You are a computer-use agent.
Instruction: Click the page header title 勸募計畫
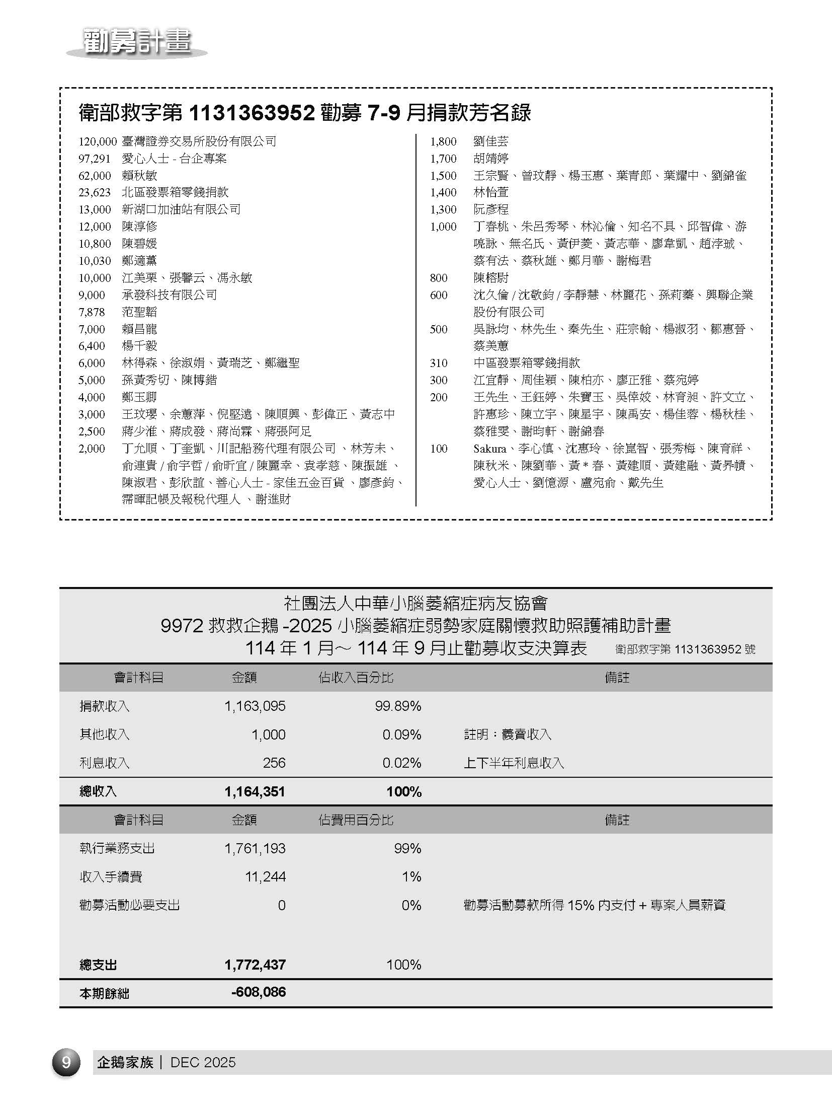click(137, 42)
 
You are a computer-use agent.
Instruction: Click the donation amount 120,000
click(97, 141)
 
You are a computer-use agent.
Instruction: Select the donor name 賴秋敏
click(139, 176)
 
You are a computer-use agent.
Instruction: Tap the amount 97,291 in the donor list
click(94, 159)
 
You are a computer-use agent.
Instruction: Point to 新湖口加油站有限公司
click(181, 209)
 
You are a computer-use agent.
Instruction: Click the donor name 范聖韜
click(139, 312)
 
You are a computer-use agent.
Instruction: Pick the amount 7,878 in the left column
click(92, 312)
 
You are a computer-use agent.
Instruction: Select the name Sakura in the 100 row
click(489, 449)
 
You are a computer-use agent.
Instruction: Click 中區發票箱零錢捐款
click(527, 363)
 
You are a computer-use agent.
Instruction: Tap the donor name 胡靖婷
click(491, 159)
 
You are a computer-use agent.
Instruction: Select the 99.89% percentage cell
click(397, 706)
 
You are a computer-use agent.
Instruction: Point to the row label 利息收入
click(104, 763)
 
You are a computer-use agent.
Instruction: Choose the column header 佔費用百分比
click(356, 820)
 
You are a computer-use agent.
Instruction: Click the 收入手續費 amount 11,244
click(265, 877)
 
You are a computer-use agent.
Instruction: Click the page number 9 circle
click(66, 1062)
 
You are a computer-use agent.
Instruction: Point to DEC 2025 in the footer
click(203, 1063)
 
